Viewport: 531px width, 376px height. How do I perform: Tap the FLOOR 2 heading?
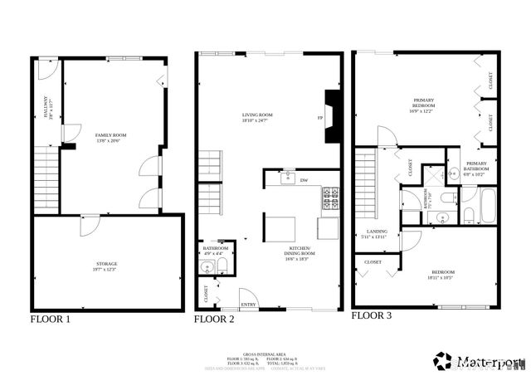[x=215, y=319]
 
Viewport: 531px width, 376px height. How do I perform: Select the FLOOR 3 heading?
[x=372, y=315]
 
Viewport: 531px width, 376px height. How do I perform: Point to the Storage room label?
[x=107, y=266]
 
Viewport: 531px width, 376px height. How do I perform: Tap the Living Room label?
[x=257, y=117]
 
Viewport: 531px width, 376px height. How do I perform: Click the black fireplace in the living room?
[x=333, y=116]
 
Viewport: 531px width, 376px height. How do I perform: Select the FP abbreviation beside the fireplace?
[x=319, y=118]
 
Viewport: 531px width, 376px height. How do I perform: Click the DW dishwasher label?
[x=304, y=180]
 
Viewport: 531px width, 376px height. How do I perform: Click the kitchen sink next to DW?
[x=286, y=178]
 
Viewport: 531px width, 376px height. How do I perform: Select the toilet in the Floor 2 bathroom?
[x=222, y=267]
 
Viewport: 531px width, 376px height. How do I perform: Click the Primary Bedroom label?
[x=424, y=104]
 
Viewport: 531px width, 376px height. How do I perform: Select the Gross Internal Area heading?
[x=263, y=353]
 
